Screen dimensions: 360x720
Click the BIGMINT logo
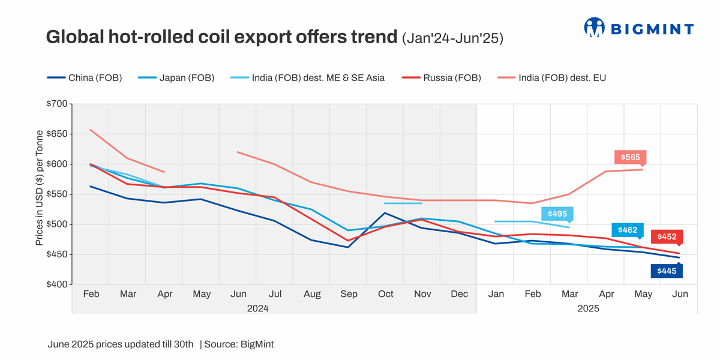point(638,28)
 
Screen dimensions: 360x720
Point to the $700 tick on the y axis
point(58,104)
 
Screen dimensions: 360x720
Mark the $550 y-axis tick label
point(58,194)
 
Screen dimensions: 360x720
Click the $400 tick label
point(58,285)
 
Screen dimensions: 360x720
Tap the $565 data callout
point(630,157)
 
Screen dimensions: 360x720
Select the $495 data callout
point(557,214)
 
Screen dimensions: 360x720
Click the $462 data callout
point(628,230)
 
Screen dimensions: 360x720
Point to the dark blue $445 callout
point(667,271)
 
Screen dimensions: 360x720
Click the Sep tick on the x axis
point(349,294)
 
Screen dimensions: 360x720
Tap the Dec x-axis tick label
point(459,294)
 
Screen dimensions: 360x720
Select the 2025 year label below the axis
point(588,308)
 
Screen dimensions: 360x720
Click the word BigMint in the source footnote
point(257,344)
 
